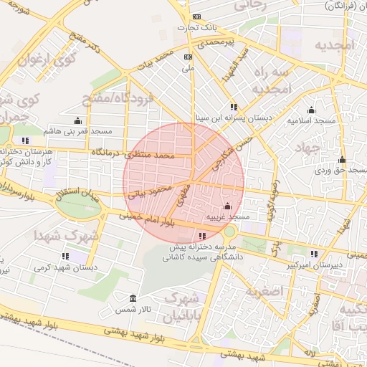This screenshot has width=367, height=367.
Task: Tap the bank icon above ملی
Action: click(189, 57)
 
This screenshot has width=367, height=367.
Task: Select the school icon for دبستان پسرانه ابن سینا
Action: click(234, 107)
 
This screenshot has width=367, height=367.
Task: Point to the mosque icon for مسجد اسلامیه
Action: click(311, 110)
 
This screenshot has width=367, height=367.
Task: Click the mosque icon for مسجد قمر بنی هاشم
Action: click(77, 120)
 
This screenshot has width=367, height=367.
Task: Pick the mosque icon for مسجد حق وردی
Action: click(342, 160)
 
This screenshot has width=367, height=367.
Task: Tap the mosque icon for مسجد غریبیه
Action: click(228, 206)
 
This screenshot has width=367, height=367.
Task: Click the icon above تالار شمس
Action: click(133, 298)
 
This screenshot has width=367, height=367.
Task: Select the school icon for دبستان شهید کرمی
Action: click(65, 256)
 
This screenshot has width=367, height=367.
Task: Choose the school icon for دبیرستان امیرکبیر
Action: click(315, 254)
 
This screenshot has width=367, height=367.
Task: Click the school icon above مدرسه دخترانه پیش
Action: click(201, 235)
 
